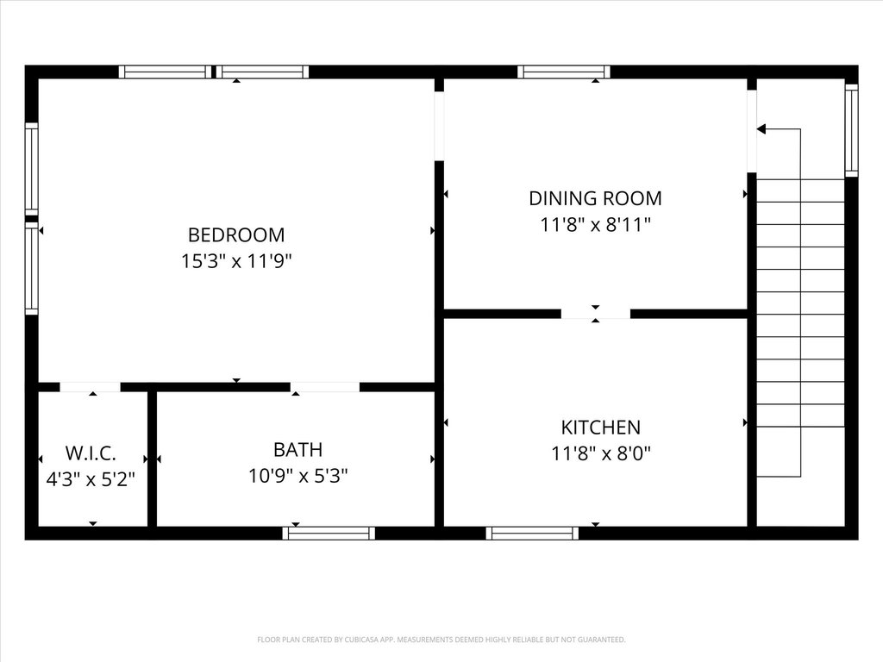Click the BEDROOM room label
pos(236,234)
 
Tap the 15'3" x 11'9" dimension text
pos(236,261)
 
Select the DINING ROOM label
pos(595,198)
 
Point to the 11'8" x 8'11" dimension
pos(595,225)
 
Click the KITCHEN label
pos(601,428)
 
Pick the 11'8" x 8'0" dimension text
pos(601,453)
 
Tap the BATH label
pos(297,450)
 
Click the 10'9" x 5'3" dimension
pos(297,476)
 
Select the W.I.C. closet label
pos(91,453)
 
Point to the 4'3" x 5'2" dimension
pos(91,479)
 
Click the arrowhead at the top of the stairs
pos(761,129)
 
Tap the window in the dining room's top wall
pos(564,72)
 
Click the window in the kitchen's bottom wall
pos(532,533)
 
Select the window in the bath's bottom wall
pos(329,533)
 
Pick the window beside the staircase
pos(851,131)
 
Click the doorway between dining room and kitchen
pos(595,314)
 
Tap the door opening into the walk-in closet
pos(90,387)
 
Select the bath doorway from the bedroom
pos(325,387)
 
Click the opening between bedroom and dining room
pos(439,126)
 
